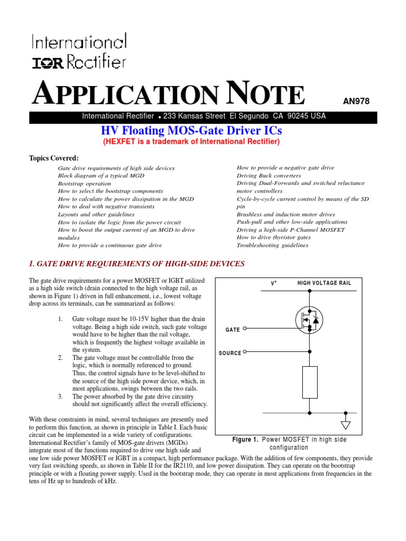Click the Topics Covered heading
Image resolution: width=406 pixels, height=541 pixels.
[53, 158]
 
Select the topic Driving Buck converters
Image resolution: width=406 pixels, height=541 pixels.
[269, 175]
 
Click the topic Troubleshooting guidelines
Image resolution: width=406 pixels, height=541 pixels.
[272, 245]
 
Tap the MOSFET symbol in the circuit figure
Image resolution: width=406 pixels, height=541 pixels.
[309, 320]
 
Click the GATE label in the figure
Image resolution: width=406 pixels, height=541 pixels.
[233, 330]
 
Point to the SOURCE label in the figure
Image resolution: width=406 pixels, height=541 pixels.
[230, 353]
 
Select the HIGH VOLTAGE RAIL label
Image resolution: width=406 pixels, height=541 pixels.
[325, 283]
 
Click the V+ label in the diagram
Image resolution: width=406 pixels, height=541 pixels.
[274, 283]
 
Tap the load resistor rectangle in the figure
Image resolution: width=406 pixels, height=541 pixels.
[310, 382]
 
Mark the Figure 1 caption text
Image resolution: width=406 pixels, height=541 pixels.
[289, 443]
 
